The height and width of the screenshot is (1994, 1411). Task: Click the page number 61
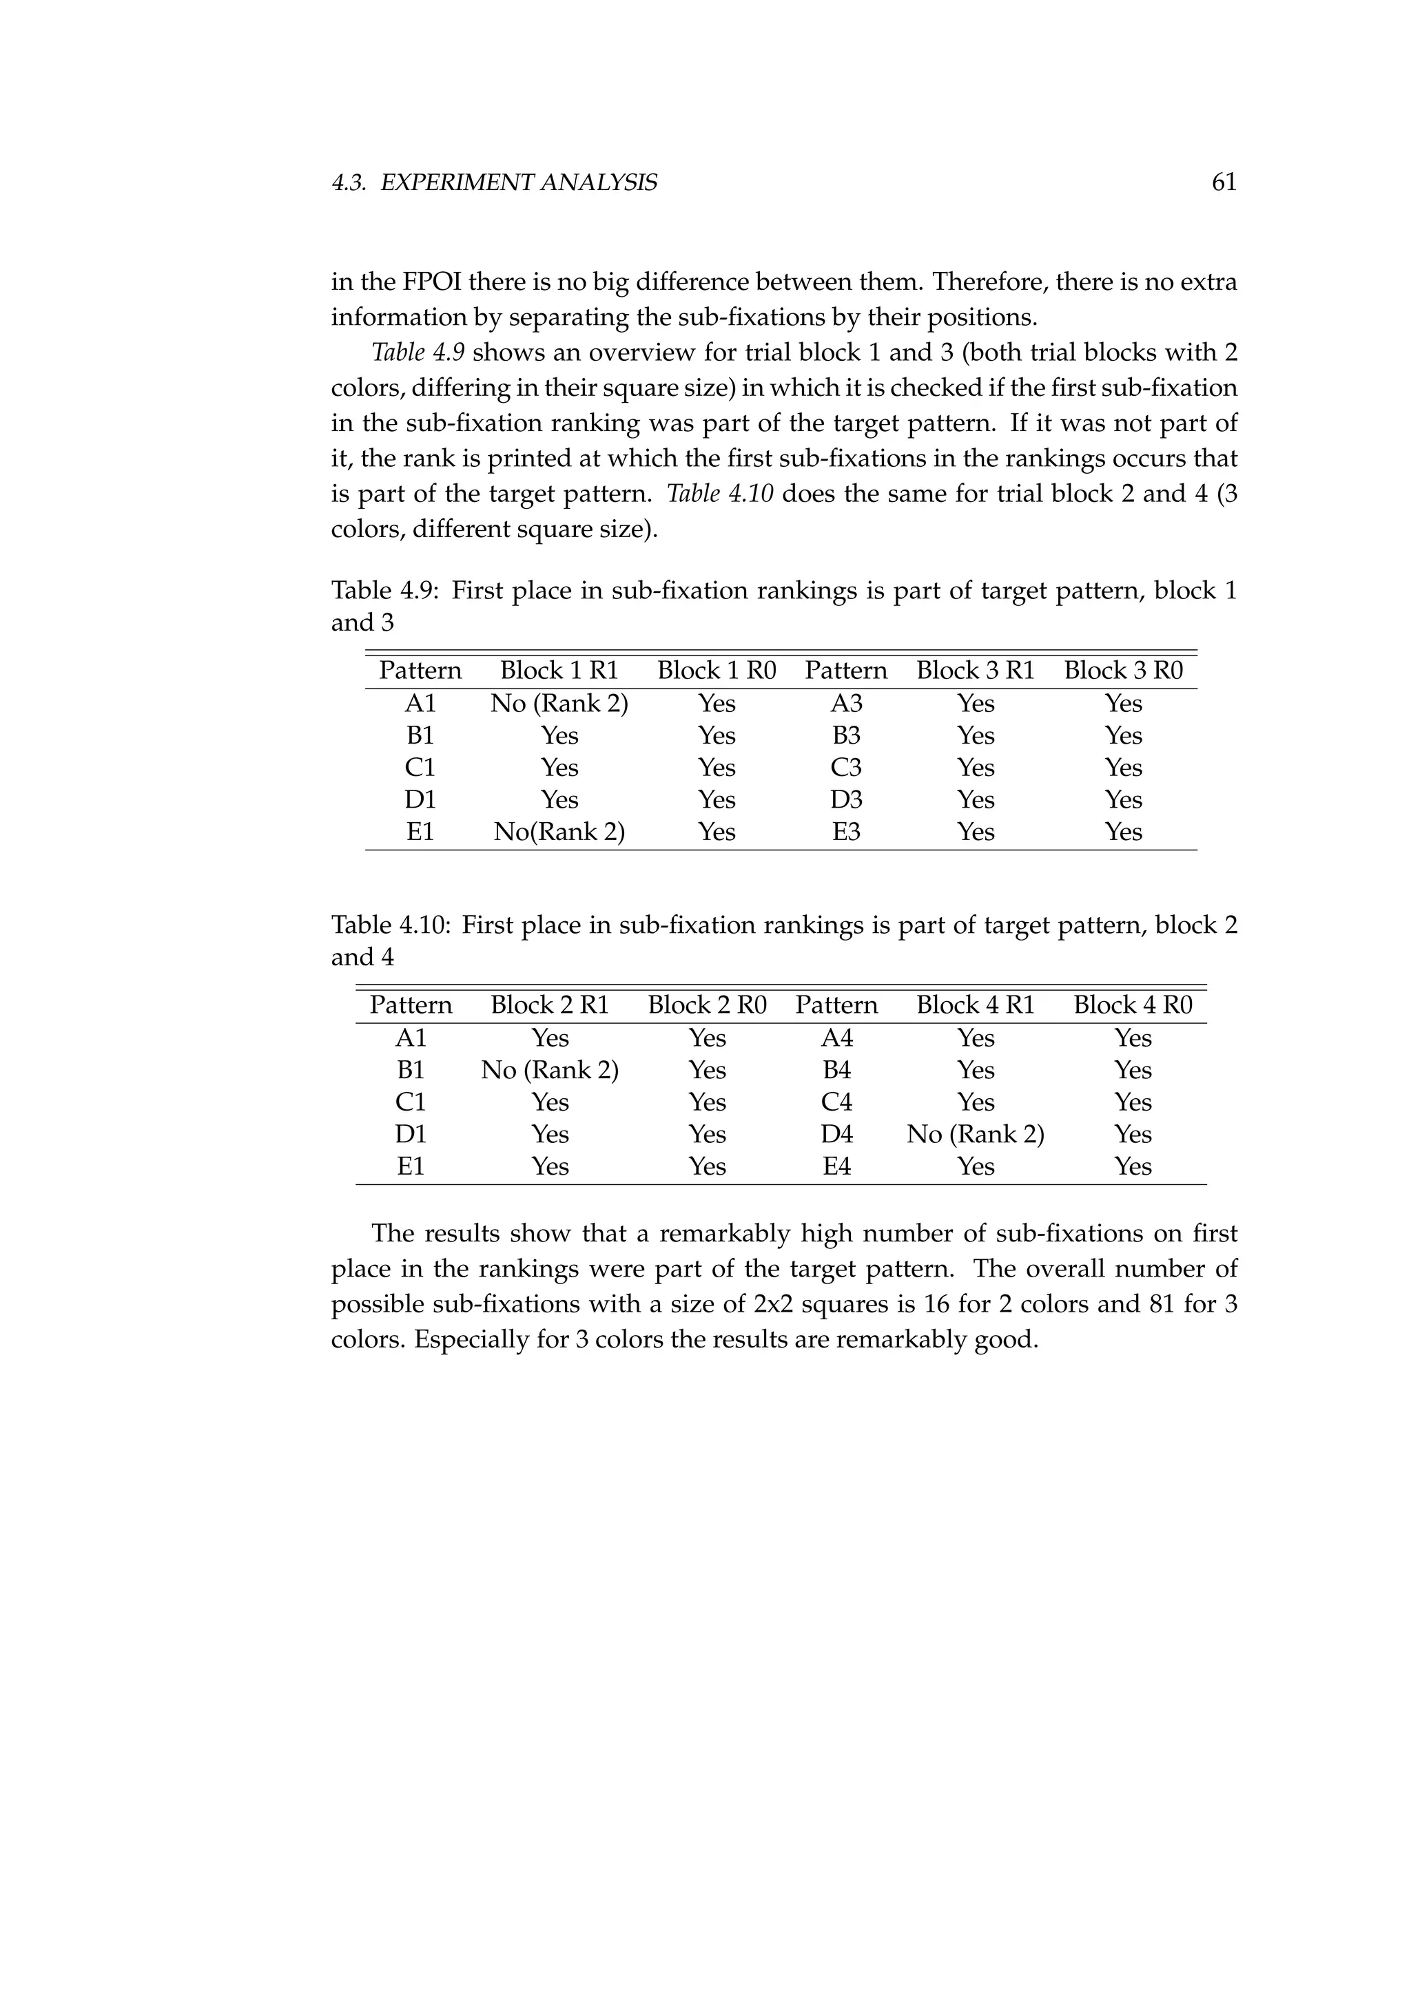click(1224, 182)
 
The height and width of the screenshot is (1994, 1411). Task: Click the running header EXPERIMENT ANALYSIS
click(519, 182)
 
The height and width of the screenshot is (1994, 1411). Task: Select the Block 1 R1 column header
click(559, 671)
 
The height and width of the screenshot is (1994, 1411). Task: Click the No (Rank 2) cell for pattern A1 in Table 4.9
click(559, 704)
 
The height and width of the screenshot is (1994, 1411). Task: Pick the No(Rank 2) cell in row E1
click(559, 832)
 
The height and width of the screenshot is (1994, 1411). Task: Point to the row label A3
click(845, 704)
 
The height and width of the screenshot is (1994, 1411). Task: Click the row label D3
click(845, 800)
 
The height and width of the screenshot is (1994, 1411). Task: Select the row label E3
click(845, 832)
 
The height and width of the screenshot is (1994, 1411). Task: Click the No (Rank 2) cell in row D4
click(975, 1134)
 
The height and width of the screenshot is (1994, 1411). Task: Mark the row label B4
click(836, 1070)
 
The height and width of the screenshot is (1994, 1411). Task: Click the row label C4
click(836, 1102)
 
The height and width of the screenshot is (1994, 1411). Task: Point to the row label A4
click(836, 1038)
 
